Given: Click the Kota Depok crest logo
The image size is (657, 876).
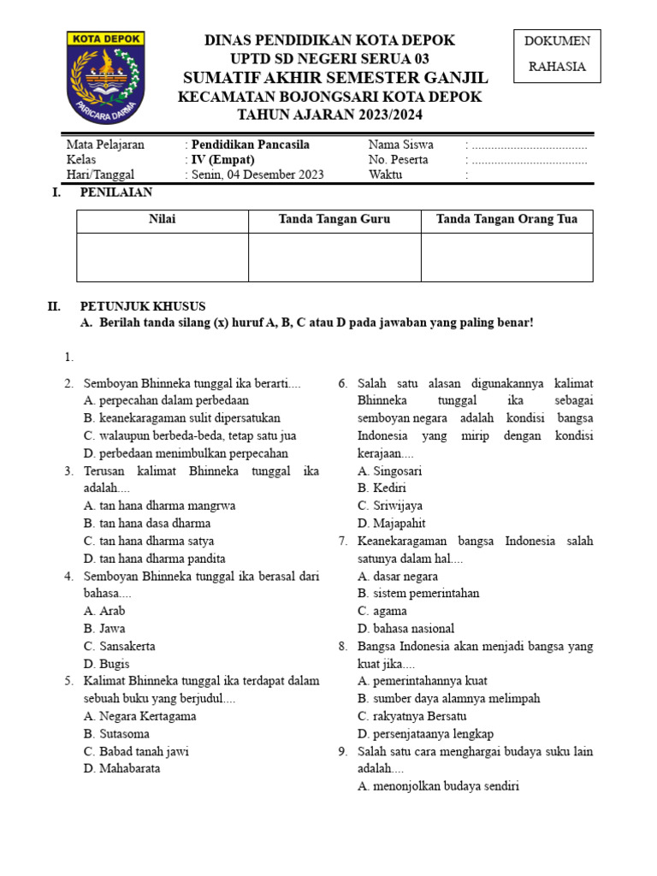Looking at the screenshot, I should (x=106, y=77).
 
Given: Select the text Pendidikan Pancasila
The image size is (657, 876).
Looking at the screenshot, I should (x=250, y=145).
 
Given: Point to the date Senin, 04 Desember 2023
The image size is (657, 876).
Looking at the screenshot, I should (x=257, y=175).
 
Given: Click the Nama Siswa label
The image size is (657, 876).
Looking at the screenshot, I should (x=400, y=145).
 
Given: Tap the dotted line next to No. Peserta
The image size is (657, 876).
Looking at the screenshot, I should (x=529, y=160).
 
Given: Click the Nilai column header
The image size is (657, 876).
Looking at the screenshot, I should (x=163, y=219).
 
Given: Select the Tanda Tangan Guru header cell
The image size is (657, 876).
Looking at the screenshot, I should (x=334, y=219).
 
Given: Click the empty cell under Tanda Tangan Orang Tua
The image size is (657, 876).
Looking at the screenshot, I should (x=506, y=257).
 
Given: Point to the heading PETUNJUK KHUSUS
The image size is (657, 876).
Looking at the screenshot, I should (x=143, y=306).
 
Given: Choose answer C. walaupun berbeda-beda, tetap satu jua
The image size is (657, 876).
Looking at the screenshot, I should (x=190, y=435).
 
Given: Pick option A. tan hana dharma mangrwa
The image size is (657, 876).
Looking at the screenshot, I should (x=159, y=506).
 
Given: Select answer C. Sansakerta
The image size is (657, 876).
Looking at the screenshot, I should (x=120, y=646).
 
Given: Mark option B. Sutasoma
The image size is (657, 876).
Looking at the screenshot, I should (x=116, y=734).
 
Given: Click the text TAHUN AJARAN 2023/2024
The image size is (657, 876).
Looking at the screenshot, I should (x=329, y=115).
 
